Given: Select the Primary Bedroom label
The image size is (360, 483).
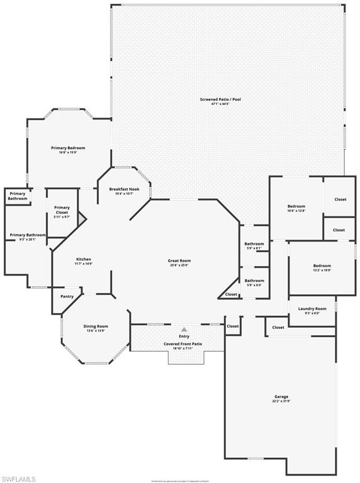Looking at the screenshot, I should click(68, 148).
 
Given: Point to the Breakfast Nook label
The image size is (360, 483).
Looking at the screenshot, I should click(123, 189).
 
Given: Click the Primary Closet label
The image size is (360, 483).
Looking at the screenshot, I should click(62, 210).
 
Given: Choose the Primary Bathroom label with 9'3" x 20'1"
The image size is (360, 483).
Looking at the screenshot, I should click(23, 235).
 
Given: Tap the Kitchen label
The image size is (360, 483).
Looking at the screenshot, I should click(84, 259).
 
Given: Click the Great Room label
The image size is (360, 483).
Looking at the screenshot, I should click(179, 260).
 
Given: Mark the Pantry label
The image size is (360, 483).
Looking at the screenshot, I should click(67, 296).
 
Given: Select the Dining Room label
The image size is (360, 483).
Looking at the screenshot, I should click(96, 326).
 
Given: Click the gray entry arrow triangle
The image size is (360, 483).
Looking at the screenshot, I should click(184, 329).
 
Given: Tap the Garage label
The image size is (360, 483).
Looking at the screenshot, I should click(281, 396).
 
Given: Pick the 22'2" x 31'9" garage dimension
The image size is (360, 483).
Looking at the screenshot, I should click(281, 401).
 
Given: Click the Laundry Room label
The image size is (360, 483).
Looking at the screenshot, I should click(312, 308).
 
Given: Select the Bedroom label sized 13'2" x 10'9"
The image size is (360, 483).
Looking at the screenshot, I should click(322, 265).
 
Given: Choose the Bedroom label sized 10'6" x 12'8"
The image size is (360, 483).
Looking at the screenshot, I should click(296, 206).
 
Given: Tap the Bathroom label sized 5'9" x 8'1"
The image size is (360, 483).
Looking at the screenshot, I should click(254, 243).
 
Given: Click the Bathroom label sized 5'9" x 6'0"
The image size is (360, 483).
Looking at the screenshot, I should click(254, 280).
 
